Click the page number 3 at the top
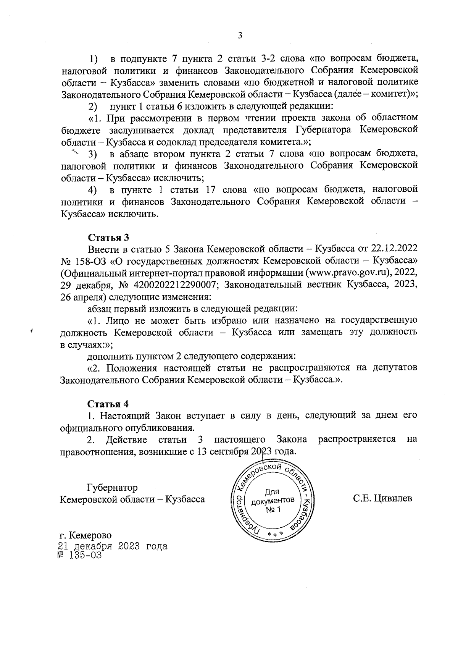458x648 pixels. click(x=240, y=36)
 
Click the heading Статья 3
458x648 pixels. click(x=108, y=238)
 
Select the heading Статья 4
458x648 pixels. click(x=108, y=403)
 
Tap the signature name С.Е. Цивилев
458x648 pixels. click(x=382, y=498)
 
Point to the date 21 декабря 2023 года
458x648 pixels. click(x=112, y=546)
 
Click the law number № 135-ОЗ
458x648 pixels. click(x=80, y=555)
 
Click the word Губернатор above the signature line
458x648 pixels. click(x=112, y=488)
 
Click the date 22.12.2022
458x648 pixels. click(x=394, y=249)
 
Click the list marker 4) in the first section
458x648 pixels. click(x=92, y=190)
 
